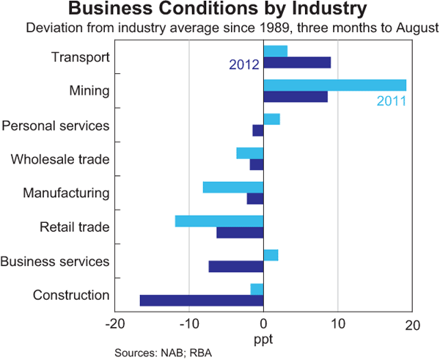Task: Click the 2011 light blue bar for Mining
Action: pyautogui.click(x=334, y=84)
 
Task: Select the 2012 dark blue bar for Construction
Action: pyautogui.click(x=202, y=300)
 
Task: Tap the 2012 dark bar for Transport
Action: pyautogui.click(x=297, y=62)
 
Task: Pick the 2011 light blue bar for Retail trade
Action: pyautogui.click(x=219, y=221)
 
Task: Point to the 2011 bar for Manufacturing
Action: pyautogui.click(x=233, y=187)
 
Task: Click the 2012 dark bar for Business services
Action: pyautogui.click(x=236, y=266)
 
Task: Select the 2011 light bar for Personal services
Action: pyautogui.click(x=271, y=119)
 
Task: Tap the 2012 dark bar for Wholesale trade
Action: pyautogui.click(x=257, y=164)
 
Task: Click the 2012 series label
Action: pyautogui.click(x=244, y=65)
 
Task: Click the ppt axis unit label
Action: pyautogui.click(x=263, y=339)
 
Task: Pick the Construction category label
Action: pyautogui.click(x=71, y=295)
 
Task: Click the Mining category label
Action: pyautogui.click(x=89, y=92)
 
